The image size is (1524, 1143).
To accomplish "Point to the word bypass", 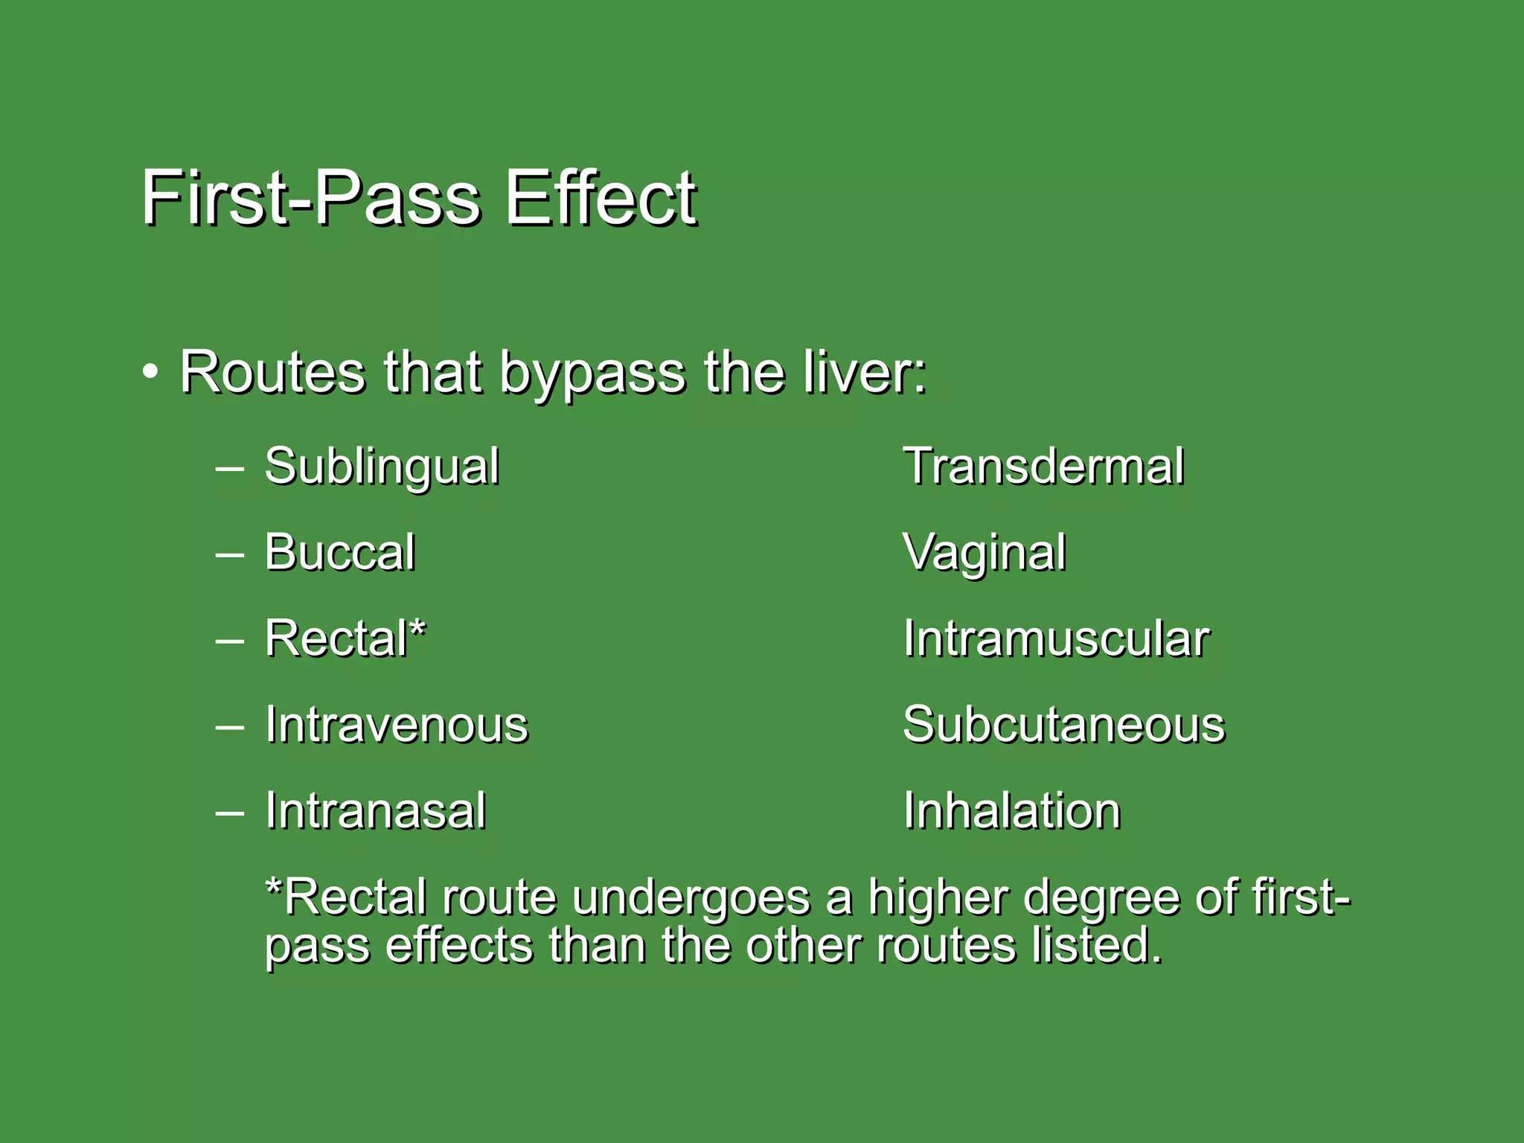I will (x=592, y=374).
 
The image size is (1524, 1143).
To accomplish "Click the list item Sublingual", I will (x=382, y=467).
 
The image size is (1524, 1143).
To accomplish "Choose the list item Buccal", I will (x=340, y=552).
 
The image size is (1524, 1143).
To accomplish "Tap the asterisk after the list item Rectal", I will (x=418, y=631).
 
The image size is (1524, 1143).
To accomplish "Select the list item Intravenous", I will (x=397, y=725).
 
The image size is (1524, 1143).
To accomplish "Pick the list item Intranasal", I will (x=376, y=810).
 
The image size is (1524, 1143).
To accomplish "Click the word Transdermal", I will (x=1043, y=467).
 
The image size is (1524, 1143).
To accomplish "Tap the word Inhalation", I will (x=1012, y=810).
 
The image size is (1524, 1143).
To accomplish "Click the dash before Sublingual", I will (x=229, y=469).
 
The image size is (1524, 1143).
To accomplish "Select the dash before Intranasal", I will (x=229, y=812).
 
